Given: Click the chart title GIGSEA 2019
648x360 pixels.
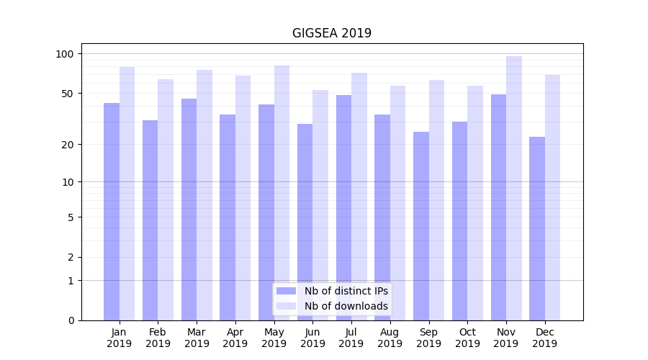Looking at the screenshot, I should pos(331,33).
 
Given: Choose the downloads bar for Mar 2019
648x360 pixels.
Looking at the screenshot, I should pos(204,195).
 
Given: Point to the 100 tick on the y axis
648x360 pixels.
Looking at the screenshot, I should pos(65,54).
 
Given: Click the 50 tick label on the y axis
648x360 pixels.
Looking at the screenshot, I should pos(68,94).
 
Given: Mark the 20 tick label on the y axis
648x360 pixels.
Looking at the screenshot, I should pos(68,145).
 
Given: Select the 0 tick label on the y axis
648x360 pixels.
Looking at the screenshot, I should pos(71,320).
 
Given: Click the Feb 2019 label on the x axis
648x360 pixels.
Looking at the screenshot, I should pos(158,338).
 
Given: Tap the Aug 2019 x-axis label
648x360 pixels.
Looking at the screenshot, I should pos(390,338).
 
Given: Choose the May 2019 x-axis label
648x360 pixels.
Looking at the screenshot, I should pos(274,338).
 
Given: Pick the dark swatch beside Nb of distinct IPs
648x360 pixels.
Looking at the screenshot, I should pos(286,291).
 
